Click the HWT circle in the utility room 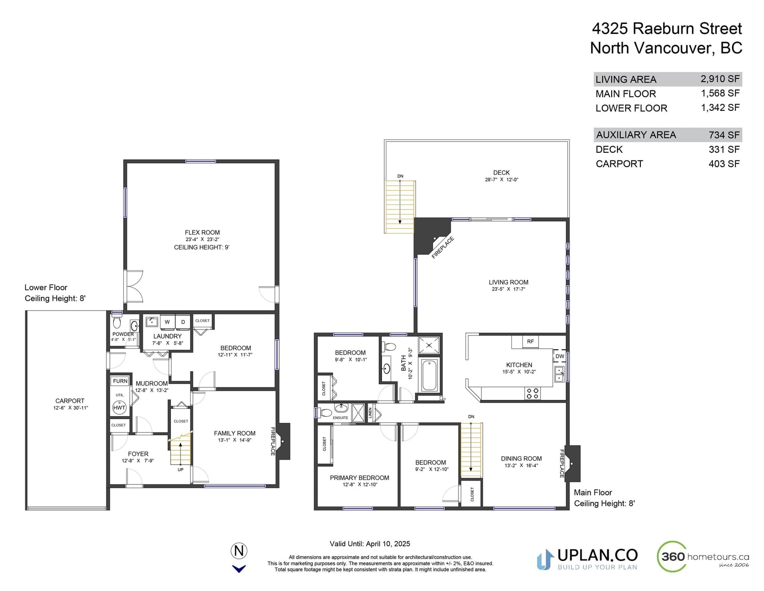[119, 408]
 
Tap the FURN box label [120, 381]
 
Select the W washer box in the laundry [167, 322]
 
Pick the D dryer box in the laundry [183, 322]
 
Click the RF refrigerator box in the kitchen [530, 341]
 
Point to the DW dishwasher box [560, 356]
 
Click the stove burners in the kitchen [533, 393]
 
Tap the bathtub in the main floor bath [429, 375]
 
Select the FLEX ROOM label [202, 233]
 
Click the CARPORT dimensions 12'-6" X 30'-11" [70, 408]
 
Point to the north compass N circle [239, 550]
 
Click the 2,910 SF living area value [720, 79]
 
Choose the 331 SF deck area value [724, 150]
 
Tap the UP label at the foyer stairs [180, 470]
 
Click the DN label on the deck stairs [400, 176]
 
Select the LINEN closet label [370, 413]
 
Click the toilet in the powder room [117, 322]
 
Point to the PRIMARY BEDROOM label [360, 478]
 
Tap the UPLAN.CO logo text [597, 556]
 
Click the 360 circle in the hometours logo [672, 557]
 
